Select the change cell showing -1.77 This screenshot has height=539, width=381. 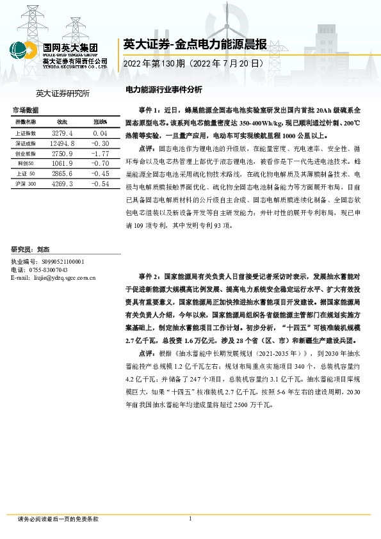(99, 154)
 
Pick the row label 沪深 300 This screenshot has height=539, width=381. (26, 184)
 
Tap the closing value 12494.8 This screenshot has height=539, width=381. (63, 143)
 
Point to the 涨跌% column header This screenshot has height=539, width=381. (99, 122)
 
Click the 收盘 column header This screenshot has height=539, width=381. (62, 122)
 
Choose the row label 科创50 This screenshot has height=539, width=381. (26, 164)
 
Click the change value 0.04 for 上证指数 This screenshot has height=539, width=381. (99, 133)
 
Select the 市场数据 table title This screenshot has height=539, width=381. (26, 111)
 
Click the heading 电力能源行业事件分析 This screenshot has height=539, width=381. (163, 90)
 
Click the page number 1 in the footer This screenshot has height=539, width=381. (191, 519)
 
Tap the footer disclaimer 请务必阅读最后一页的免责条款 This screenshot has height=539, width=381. (58, 519)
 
